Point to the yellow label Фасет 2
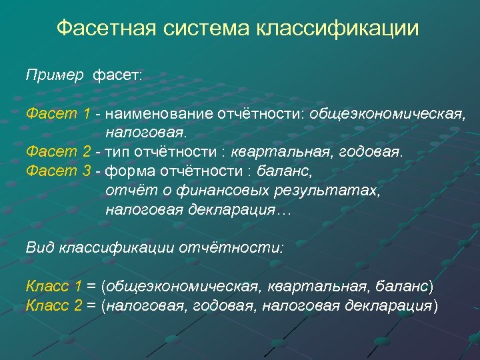(58, 152)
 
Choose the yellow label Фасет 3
(58, 171)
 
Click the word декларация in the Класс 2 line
(389, 306)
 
